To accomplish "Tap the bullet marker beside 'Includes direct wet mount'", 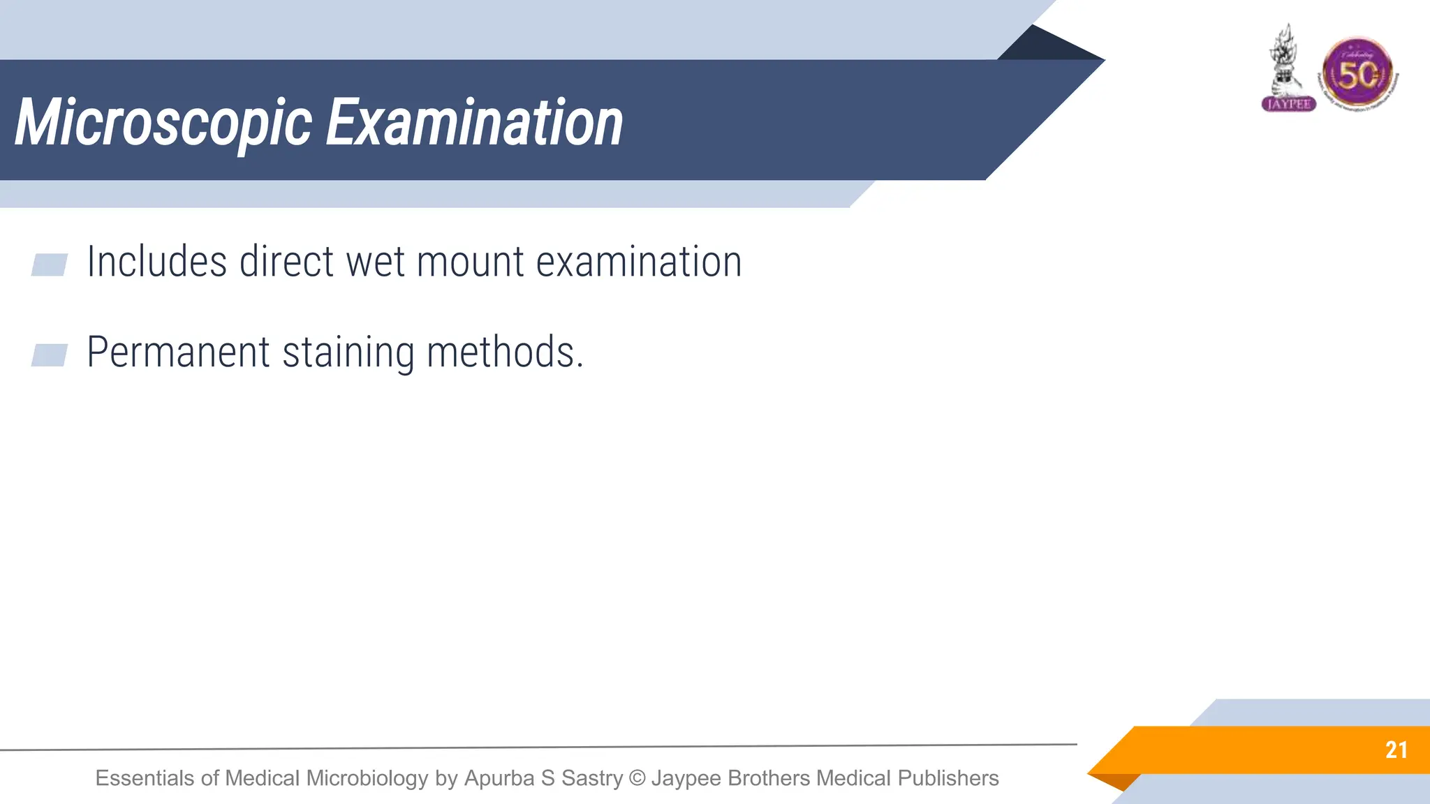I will point(50,265).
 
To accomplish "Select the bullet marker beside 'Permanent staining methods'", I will point(50,355).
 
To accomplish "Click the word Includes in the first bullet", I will point(156,262).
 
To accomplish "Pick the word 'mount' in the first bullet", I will point(470,263).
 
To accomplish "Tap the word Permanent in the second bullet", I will point(178,352).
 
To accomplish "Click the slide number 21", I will point(1396,750).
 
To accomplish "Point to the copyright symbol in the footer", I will point(637,778).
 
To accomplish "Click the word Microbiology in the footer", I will point(367,778).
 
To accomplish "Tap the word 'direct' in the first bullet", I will point(286,262).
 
